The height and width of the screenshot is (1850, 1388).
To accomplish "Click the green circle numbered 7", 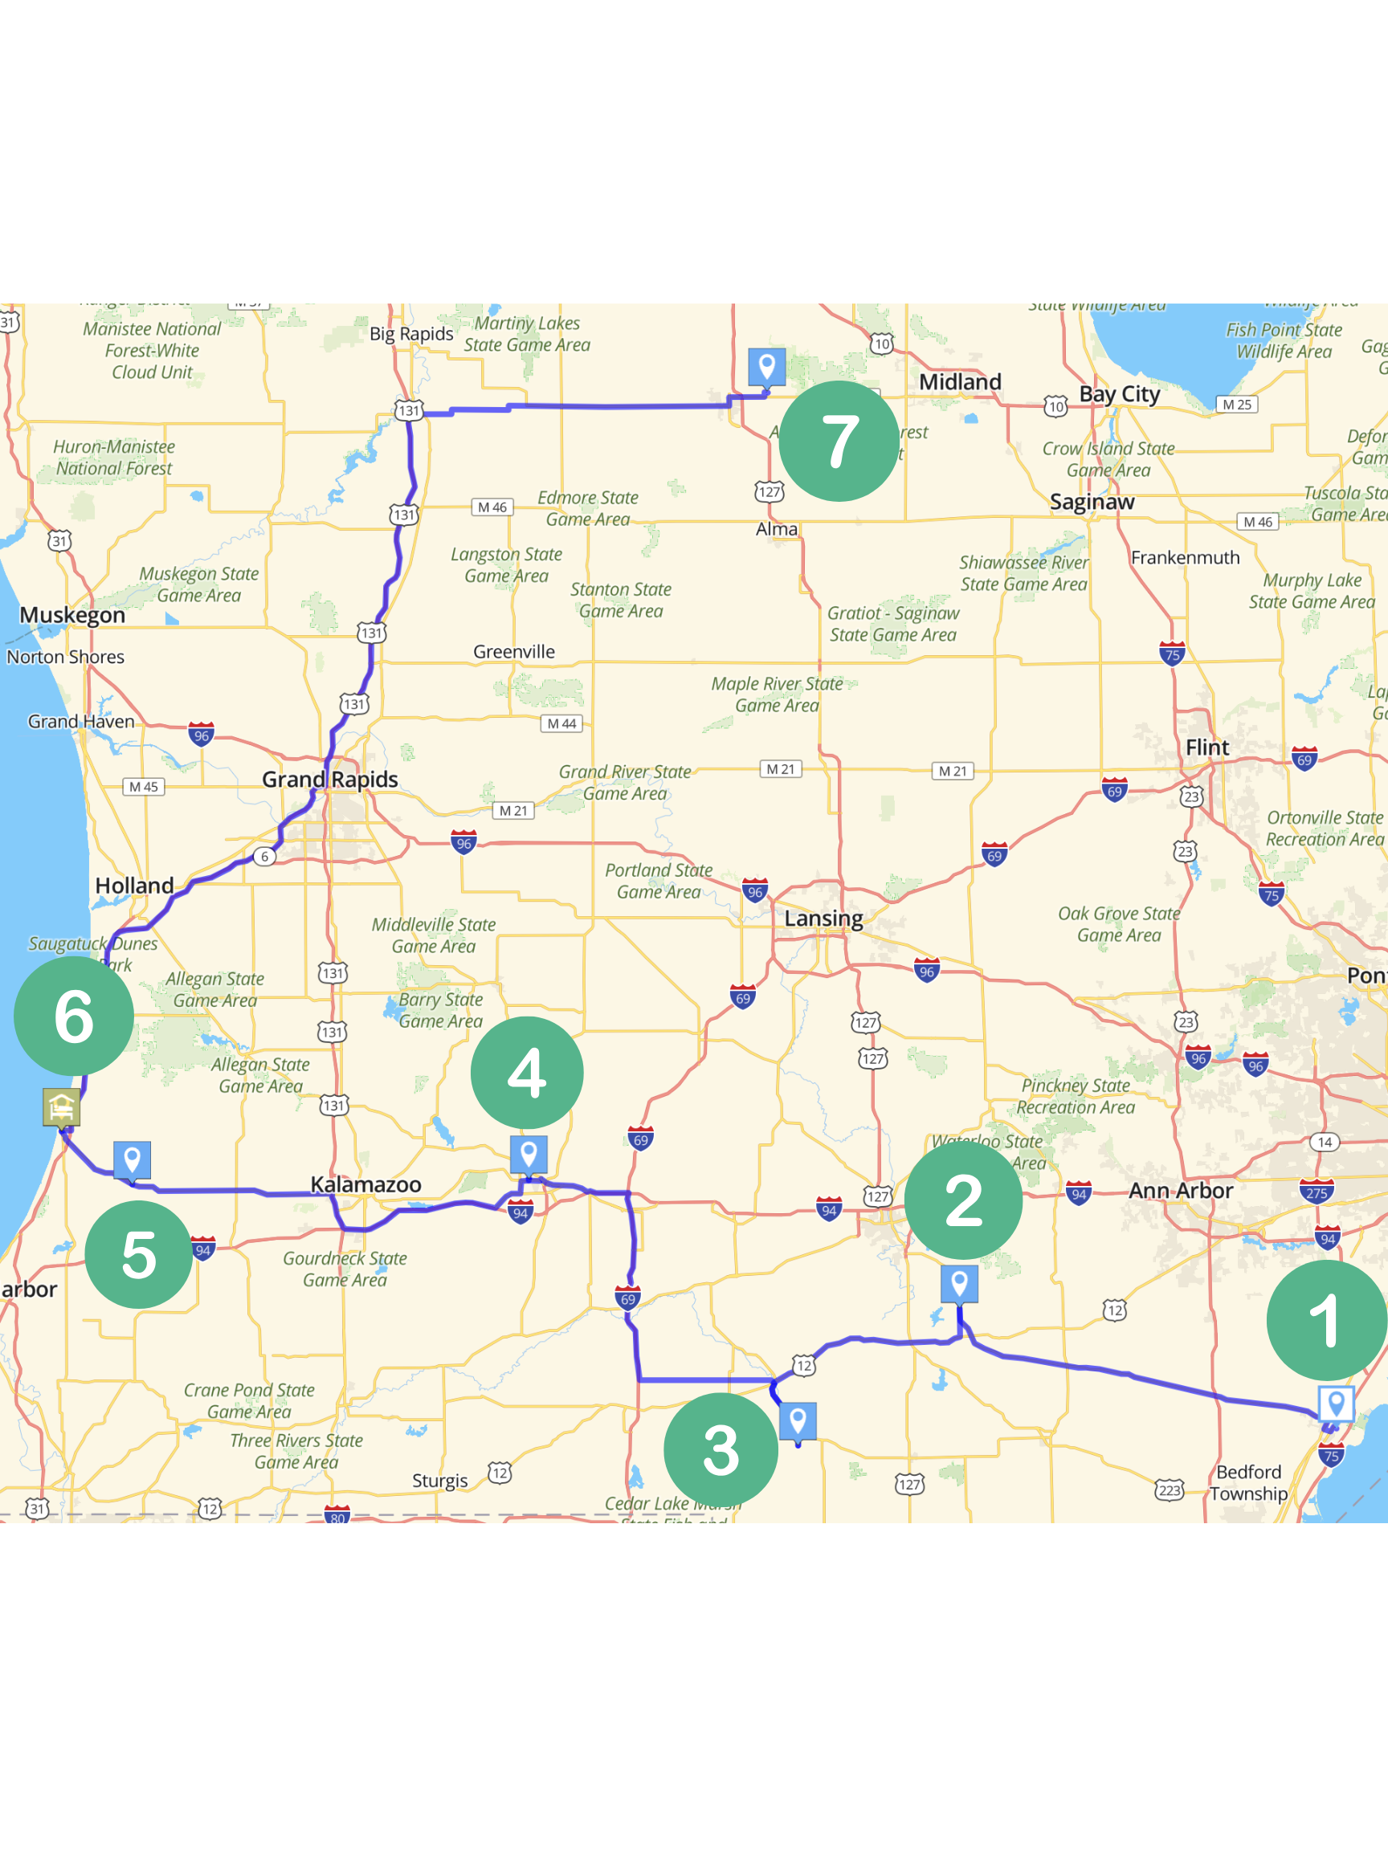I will point(839,441).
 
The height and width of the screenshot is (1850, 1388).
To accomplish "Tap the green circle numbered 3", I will point(721,1449).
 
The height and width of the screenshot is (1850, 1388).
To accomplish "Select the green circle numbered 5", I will point(139,1253).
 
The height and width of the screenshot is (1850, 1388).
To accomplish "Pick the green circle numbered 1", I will point(1326,1320).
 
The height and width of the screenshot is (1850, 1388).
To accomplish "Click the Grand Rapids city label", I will point(329,780).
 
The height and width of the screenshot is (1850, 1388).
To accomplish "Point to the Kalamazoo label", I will point(365,1184).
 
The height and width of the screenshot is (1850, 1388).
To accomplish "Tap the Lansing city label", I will point(823,919).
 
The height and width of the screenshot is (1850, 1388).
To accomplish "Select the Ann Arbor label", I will point(1181,1190).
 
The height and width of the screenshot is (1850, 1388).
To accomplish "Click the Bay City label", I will point(1120,394).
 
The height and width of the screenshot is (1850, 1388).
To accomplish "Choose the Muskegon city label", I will point(73,615).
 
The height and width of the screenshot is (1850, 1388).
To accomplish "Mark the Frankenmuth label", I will point(1185,558).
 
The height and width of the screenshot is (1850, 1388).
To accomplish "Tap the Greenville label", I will point(514,651).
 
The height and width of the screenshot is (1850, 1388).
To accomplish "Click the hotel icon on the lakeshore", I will point(61,1107).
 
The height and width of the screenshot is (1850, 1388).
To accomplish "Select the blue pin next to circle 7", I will point(766,366).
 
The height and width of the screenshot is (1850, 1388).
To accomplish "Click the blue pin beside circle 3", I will point(798,1420).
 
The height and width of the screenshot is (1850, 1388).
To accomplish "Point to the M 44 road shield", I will point(561,723).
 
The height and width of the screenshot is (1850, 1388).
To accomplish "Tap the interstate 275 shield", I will point(1316,1191).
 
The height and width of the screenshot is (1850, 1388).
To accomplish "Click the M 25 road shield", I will point(1236,405).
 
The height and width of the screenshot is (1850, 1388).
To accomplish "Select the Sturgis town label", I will point(439,1481).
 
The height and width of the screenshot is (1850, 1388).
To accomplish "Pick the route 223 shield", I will point(1170,1489).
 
